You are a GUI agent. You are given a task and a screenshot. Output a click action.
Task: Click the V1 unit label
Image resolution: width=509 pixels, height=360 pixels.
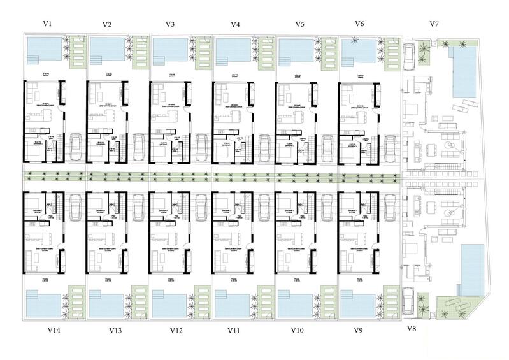(x=47, y=24)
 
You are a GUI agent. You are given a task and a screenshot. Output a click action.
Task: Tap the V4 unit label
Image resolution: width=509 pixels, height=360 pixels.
(x=235, y=25)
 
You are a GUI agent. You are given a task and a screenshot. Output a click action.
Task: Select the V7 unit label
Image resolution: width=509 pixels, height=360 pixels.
(x=434, y=24)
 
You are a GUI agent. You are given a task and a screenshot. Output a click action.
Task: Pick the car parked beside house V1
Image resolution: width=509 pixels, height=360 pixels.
(x=76, y=146)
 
